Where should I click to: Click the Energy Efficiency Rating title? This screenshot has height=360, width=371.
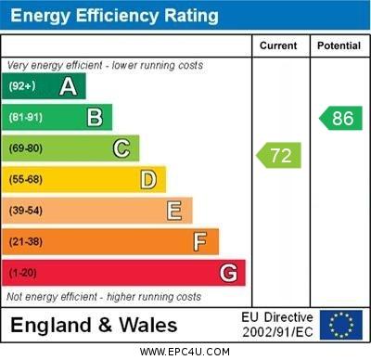114,16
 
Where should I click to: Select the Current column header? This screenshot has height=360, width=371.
278,45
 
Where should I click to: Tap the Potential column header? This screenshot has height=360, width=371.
339,45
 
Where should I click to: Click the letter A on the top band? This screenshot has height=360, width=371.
68,86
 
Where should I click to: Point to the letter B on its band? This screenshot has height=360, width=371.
95,117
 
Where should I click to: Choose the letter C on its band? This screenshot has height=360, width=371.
122,148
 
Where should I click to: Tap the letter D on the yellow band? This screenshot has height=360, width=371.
148,179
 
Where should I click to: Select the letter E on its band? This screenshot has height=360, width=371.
174,211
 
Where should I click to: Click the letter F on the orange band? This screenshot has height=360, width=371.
200,242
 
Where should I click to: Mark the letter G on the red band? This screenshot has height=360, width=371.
228,274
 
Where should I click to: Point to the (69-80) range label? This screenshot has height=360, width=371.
26,148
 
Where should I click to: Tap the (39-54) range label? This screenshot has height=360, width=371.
26,211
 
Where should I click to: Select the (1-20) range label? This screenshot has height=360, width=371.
23,274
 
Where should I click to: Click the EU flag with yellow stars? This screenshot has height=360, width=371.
340,325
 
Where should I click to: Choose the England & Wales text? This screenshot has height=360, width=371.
94,325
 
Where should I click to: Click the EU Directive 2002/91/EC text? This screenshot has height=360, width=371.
278,325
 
